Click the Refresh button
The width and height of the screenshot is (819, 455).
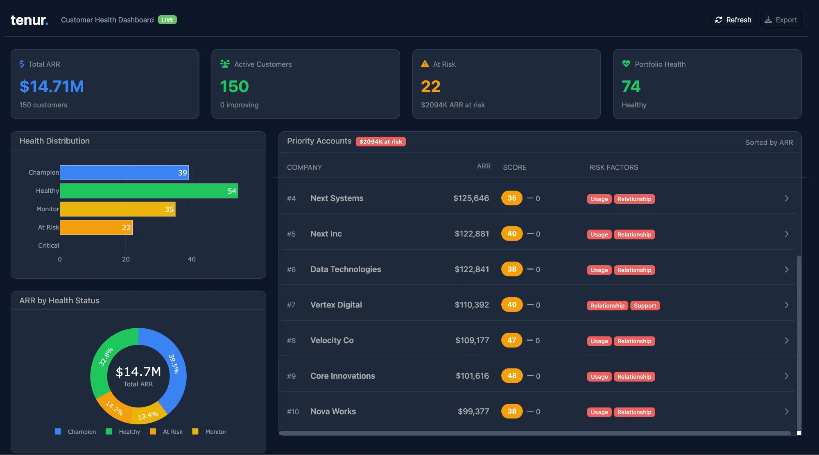point(733,20)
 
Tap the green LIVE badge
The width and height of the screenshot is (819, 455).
point(167,20)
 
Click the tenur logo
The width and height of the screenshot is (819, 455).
point(29,20)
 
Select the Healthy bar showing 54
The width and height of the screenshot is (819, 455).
point(149,191)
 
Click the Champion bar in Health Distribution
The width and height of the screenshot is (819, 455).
point(124,173)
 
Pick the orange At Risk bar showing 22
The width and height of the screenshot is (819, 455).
point(96,227)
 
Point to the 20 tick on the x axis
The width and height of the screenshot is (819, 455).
point(126,259)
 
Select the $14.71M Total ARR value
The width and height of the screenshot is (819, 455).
point(52,86)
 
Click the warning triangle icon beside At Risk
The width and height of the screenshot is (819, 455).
point(425,64)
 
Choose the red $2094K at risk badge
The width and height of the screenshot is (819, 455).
point(380,142)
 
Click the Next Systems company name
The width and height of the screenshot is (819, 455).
point(337,198)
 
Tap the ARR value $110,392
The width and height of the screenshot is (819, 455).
point(472,305)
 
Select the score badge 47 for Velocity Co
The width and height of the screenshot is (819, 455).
point(511,340)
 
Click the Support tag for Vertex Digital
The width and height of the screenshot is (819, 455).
point(645,306)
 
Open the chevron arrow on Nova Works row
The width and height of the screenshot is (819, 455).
point(787,412)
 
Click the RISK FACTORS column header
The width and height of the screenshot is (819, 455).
point(613,167)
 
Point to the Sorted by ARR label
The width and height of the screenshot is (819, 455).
point(769,143)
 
